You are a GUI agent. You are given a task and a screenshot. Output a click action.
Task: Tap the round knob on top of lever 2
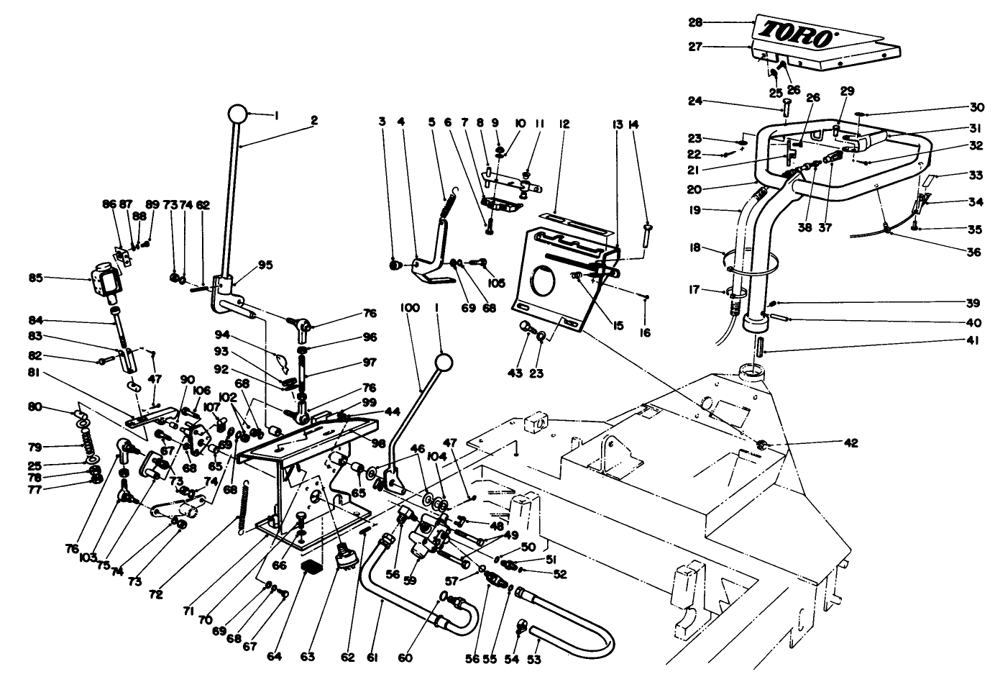[238, 114]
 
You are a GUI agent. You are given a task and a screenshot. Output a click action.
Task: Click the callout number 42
[851, 443]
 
